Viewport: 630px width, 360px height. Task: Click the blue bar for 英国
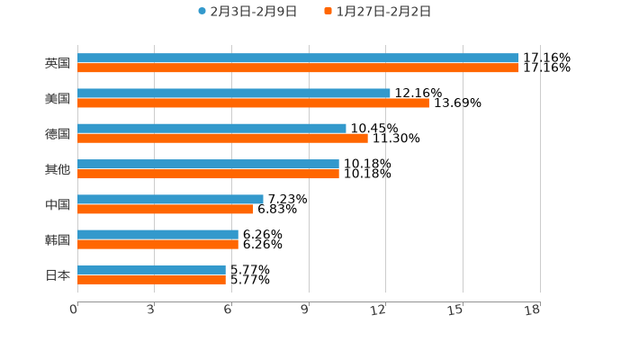298,58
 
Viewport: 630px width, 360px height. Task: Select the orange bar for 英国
298,68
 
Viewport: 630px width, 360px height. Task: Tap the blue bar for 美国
234,94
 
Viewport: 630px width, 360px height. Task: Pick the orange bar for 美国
253,103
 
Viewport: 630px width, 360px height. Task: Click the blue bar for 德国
211,129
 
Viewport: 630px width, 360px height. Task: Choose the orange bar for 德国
222,139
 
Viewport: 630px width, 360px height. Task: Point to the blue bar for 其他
208,164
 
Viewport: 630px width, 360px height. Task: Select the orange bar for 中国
166,209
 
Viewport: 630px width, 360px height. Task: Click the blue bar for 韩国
157,234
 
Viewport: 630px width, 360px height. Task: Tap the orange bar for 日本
151,280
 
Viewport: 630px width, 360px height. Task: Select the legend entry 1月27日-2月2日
382,12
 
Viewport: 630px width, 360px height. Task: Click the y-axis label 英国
58,64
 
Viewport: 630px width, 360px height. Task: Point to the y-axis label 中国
58,205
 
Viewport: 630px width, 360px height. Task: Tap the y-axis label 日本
58,275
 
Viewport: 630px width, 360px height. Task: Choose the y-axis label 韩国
58,240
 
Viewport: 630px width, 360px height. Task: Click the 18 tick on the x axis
533,310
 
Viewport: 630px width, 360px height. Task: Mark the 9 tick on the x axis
305,310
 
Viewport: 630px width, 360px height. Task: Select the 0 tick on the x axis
74,310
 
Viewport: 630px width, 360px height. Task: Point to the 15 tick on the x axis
456,310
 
